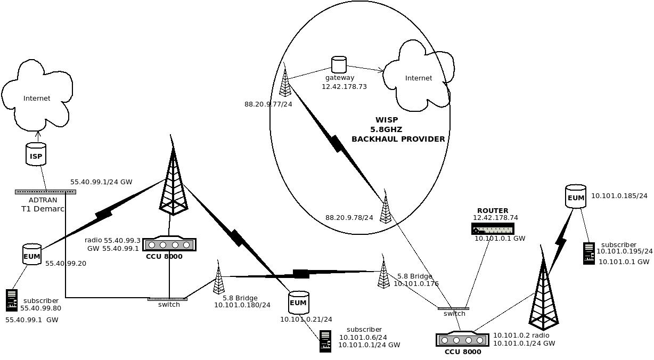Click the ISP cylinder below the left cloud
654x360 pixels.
pyautogui.click(x=36, y=154)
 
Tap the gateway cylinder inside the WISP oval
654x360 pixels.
pyautogui.click(x=339, y=64)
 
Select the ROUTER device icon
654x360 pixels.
pyautogui.click(x=493, y=229)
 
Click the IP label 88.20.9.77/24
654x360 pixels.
pyautogui.click(x=268, y=104)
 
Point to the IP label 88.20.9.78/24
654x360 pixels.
pyautogui.click(x=349, y=217)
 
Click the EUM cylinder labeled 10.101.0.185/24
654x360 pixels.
pyautogui.click(x=576, y=197)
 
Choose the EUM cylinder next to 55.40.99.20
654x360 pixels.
pyautogui.click(x=32, y=255)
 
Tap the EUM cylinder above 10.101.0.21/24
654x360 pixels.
pyautogui.click(x=298, y=302)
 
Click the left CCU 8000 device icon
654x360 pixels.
pyautogui.click(x=169, y=245)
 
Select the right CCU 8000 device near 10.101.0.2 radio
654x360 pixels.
pyautogui.click(x=462, y=340)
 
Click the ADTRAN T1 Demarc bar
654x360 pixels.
pyautogui.click(x=45, y=192)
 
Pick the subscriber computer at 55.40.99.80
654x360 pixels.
pyautogui.click(x=12, y=300)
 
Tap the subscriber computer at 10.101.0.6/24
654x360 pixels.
pyautogui.click(x=325, y=341)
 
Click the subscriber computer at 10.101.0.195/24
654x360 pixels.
pyautogui.click(x=588, y=253)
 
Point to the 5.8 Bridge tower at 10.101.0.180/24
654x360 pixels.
pyautogui.click(x=218, y=278)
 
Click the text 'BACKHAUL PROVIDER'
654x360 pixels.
pyautogui.click(x=398, y=139)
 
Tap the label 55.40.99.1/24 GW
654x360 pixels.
pyautogui.click(x=101, y=182)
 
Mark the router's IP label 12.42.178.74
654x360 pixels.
pyautogui.click(x=495, y=218)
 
